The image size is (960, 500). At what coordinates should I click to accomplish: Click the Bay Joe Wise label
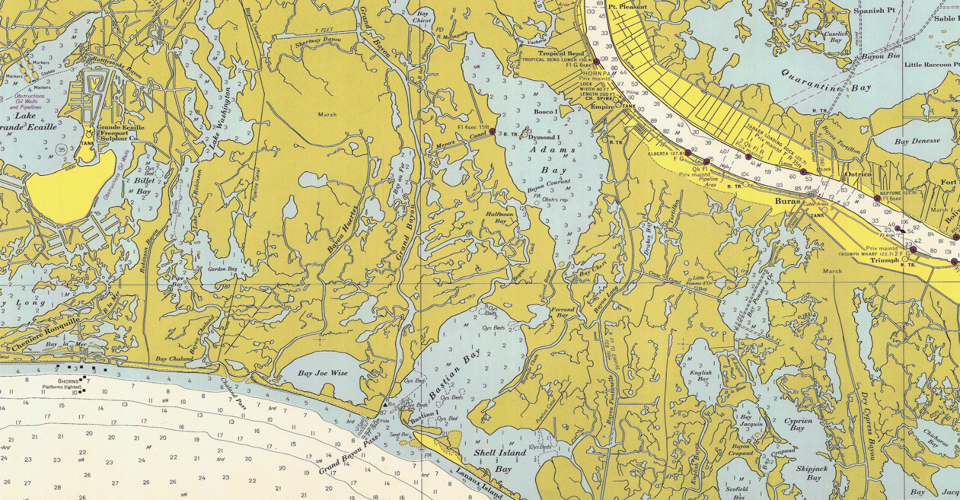[x=323, y=373]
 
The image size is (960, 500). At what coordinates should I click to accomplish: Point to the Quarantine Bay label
[x=826, y=80]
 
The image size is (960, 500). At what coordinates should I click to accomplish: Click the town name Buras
[x=787, y=201]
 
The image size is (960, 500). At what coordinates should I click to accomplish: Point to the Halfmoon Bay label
[x=500, y=218]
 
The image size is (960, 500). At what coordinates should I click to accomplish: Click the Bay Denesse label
[x=917, y=141]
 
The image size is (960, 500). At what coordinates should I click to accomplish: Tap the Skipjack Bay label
[x=812, y=472]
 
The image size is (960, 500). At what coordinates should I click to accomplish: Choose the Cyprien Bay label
[x=798, y=424]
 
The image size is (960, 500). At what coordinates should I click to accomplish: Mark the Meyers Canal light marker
[x=491, y=131]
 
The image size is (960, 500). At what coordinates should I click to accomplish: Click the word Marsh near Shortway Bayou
[x=327, y=115]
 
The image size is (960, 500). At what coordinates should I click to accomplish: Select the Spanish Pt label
[x=878, y=10]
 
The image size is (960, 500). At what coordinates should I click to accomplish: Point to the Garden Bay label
[x=222, y=270]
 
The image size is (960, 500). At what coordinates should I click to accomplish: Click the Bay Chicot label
[x=422, y=17]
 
